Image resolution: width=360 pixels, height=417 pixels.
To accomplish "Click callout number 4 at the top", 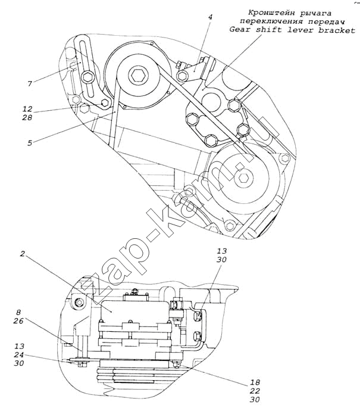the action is coord(211,17).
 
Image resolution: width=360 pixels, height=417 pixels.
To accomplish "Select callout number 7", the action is coord(30,83).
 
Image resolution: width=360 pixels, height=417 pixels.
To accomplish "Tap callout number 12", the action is coord(27,108).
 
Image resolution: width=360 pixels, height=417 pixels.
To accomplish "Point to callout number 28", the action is coord(27,117).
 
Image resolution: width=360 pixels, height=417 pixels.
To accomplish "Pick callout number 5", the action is coord(30,143).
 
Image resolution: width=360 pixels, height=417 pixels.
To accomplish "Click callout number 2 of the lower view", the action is coord(23,254).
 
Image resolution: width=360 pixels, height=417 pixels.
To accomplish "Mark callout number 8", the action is coord(18,312).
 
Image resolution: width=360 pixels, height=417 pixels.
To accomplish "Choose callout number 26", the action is coord(18,321).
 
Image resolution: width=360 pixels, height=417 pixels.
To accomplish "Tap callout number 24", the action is coord(19,355).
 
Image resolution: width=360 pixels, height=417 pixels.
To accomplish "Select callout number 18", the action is coord(255,382).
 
